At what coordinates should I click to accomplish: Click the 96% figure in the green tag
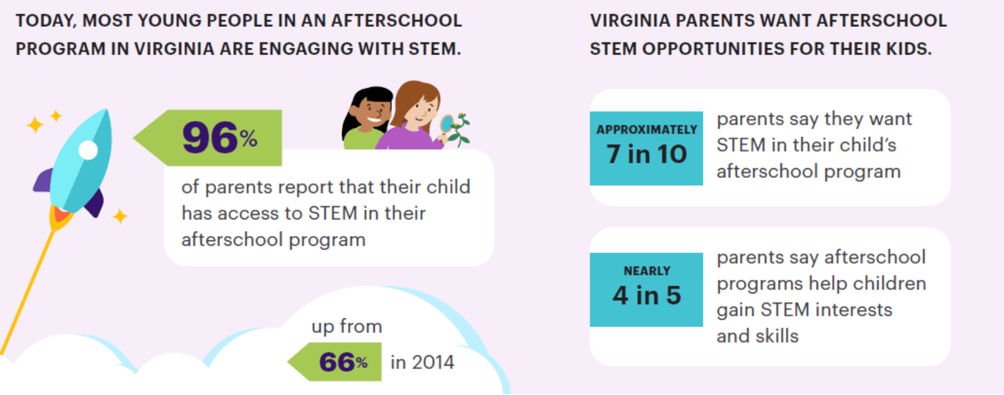pyautogui.click(x=220, y=138)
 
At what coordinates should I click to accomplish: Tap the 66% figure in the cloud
pyautogui.click(x=343, y=362)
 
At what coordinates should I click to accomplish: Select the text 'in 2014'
pyautogui.click(x=422, y=362)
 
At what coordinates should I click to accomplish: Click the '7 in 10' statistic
pyautogui.click(x=646, y=154)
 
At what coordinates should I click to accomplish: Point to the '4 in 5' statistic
pyautogui.click(x=646, y=295)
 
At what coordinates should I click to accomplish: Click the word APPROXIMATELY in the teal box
pyautogui.click(x=646, y=130)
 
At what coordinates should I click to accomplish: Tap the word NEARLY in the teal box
pyautogui.click(x=646, y=271)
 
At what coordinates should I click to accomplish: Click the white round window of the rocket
pyautogui.click(x=88, y=150)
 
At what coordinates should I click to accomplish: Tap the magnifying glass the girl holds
pyautogui.click(x=446, y=125)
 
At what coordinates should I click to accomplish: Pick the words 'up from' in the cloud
pyautogui.click(x=347, y=326)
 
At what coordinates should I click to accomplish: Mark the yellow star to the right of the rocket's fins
pyautogui.click(x=119, y=216)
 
